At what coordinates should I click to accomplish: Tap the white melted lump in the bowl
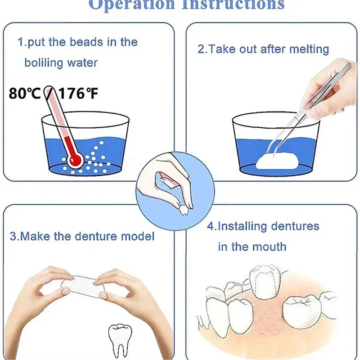point(277,161)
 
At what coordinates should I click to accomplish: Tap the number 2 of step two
point(201,49)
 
